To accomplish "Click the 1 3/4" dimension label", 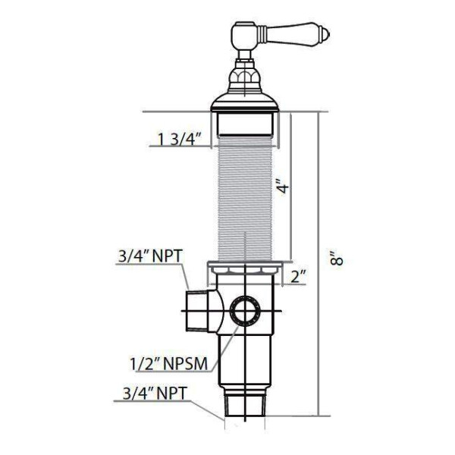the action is pos(180,139).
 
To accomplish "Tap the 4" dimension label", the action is pos(282,187).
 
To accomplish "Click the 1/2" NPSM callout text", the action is pos(169,363).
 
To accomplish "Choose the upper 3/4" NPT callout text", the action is pos(150,256).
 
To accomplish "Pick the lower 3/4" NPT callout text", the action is pos(154,394).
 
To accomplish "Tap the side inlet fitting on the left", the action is pos(196,311).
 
